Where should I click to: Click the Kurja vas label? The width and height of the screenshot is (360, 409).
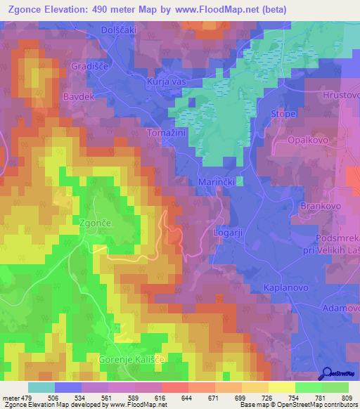pyautogui.click(x=165, y=83)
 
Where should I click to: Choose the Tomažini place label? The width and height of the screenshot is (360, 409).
pyautogui.click(x=165, y=132)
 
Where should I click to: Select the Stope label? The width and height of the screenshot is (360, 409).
pyautogui.click(x=283, y=113)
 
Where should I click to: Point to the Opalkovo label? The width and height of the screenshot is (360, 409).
pyautogui.click(x=308, y=141)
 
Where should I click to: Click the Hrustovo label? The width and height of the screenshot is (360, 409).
pyautogui.click(x=340, y=94)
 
